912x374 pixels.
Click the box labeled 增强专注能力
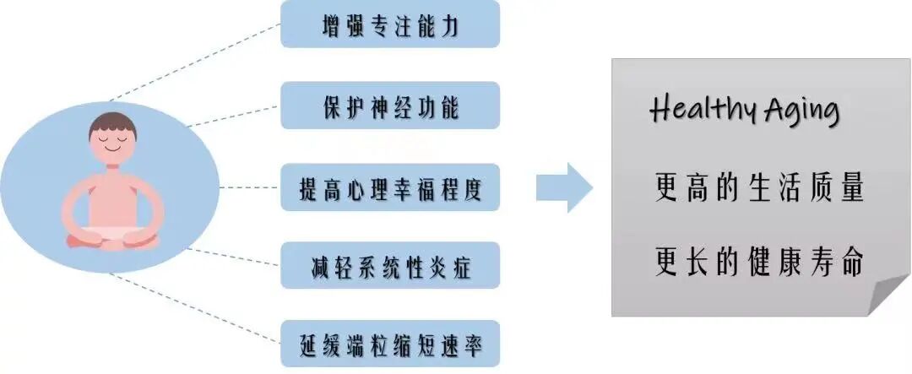tap(390, 24)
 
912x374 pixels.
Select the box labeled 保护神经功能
tap(390, 106)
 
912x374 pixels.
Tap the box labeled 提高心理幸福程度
tap(390, 187)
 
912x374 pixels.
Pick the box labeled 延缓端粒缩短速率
tap(390, 344)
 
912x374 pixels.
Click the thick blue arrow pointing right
tap(563, 187)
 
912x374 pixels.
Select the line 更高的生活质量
tap(758, 187)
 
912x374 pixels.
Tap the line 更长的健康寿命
tap(758, 262)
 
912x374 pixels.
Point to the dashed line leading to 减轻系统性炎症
tap(232, 257)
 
